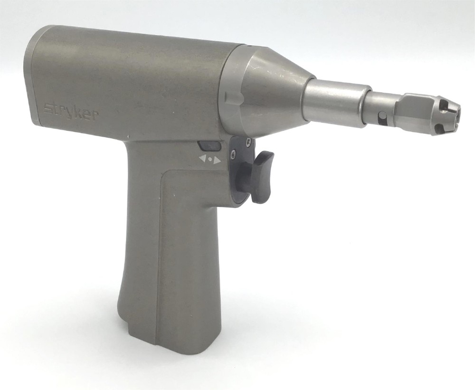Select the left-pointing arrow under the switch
(203, 158)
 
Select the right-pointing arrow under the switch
(217, 160)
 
